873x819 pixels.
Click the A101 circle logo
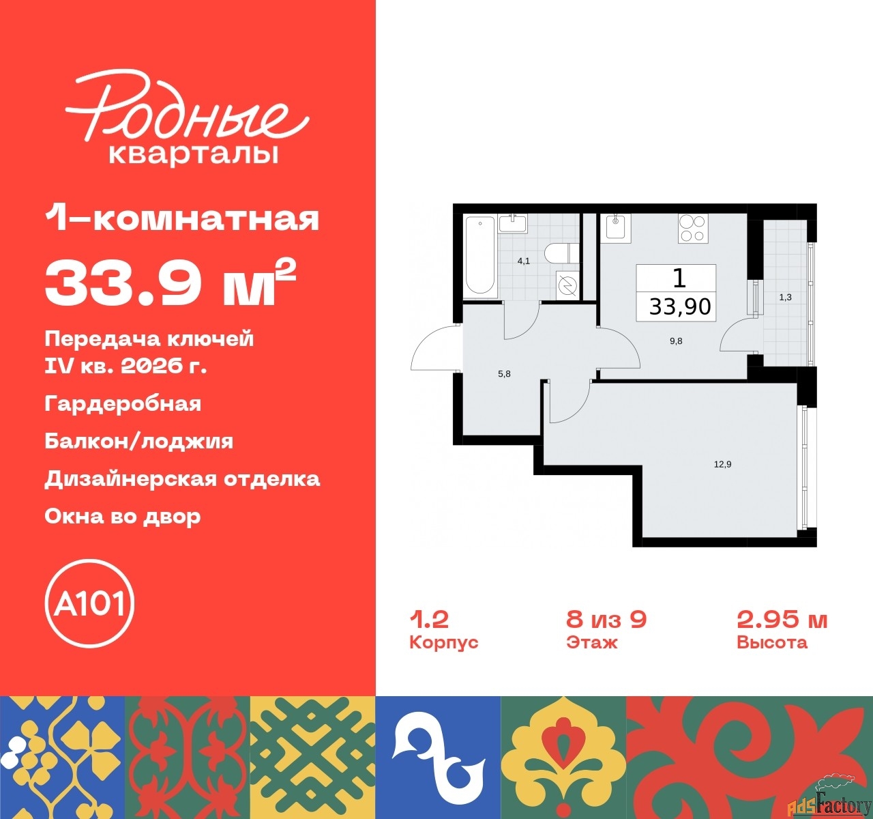click(89, 603)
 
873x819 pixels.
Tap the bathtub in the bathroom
click(479, 256)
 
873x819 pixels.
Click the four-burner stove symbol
click(693, 228)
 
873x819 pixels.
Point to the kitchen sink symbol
click(617, 227)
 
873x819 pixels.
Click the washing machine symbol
click(566, 285)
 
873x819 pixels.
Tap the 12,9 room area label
click(722, 464)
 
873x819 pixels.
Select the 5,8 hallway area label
click(504, 374)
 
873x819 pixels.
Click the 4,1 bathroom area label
click(523, 261)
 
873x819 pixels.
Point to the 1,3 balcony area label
click(785, 298)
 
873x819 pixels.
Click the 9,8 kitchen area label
click(675, 341)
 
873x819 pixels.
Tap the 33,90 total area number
click(679, 306)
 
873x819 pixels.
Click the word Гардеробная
click(123, 403)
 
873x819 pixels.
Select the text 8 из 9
click(606, 620)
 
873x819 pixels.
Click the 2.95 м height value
click(782, 620)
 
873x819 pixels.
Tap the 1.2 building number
click(428, 620)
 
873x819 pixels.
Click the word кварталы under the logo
click(194, 154)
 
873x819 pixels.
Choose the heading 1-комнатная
click(182, 219)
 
